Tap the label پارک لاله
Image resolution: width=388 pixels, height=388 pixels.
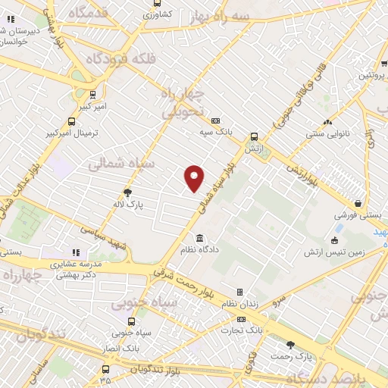click(130, 205)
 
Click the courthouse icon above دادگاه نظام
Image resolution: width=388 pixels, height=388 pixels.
click(199, 236)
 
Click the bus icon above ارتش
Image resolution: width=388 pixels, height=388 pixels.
click(253, 137)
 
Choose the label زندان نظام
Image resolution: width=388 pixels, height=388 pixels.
click(238, 303)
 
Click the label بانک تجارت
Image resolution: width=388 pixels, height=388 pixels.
click(242, 330)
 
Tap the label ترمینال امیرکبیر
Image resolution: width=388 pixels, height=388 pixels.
click(77, 133)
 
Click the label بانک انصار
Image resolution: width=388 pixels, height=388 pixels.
click(120, 348)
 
